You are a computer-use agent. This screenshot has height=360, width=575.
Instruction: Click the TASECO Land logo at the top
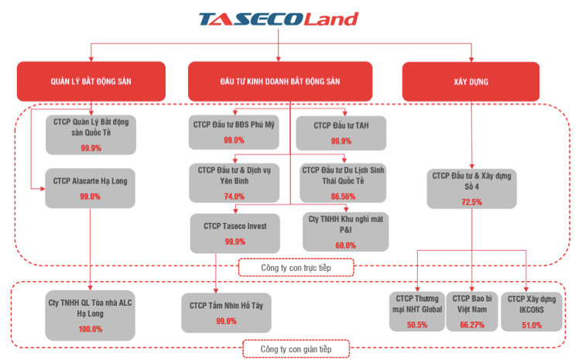(278, 19)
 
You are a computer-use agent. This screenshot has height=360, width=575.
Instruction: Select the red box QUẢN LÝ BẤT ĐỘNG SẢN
(91, 81)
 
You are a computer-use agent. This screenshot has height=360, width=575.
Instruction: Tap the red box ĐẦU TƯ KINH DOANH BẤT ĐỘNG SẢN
(279, 81)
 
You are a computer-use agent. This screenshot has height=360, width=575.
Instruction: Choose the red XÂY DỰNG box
(471, 81)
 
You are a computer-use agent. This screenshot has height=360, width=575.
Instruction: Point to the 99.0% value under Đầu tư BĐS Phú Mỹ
(234, 141)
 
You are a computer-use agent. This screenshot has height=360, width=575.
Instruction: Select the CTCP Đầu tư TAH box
(341, 132)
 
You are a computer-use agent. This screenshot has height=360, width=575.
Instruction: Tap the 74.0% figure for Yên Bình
(234, 197)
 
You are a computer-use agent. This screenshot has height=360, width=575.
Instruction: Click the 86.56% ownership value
(341, 197)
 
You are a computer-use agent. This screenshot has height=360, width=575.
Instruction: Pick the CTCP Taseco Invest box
(234, 232)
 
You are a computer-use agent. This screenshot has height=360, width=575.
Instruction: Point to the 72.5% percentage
(471, 202)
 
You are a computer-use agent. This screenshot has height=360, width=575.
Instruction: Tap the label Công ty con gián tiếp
(295, 349)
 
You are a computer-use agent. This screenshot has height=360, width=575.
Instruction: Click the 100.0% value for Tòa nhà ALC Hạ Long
(91, 329)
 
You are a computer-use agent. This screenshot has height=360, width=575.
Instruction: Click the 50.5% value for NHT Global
(417, 325)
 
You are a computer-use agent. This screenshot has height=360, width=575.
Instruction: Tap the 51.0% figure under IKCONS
(529, 325)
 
